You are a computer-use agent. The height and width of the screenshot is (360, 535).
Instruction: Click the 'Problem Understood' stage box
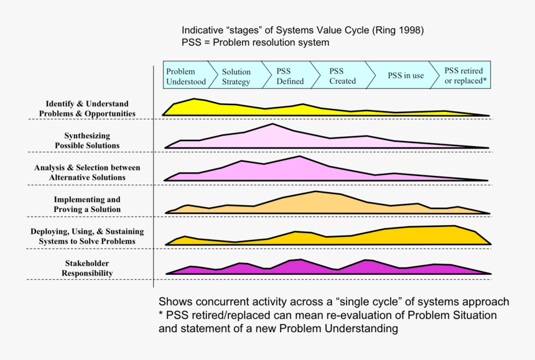click(182, 76)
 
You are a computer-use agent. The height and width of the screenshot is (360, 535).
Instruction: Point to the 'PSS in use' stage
click(406, 76)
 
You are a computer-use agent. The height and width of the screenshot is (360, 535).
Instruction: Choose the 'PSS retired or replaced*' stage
click(465, 76)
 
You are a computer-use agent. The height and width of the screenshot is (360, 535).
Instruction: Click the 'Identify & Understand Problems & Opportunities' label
click(87, 108)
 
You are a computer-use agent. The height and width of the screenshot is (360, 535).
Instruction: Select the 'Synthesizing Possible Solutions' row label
click(87, 141)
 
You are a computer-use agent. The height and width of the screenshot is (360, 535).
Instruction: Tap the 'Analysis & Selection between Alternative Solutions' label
click(87, 172)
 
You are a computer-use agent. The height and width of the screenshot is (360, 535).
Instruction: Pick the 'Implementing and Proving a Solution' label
click(87, 205)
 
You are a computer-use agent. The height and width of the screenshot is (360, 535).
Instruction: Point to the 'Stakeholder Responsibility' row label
click(87, 269)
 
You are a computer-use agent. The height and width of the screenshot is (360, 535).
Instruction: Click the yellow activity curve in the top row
click(249, 110)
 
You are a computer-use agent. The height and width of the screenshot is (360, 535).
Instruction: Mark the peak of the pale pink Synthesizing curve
click(272, 125)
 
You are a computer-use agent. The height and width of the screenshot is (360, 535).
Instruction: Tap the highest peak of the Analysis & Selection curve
click(300, 157)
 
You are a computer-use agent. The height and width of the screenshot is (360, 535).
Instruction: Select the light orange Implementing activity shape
click(317, 203)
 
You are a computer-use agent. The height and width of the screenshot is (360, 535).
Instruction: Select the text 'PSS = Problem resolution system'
click(255, 42)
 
